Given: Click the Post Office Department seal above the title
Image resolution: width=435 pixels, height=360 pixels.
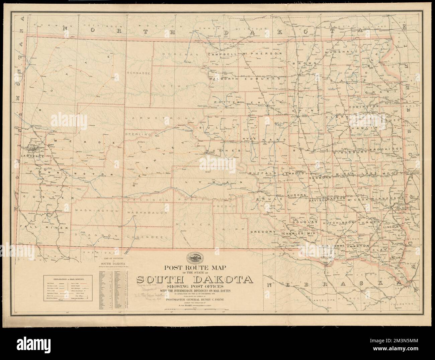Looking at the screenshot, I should pyautogui.click(x=199, y=259).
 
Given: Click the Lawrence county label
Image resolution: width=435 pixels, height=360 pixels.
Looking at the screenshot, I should pyautogui.click(x=32, y=156).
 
